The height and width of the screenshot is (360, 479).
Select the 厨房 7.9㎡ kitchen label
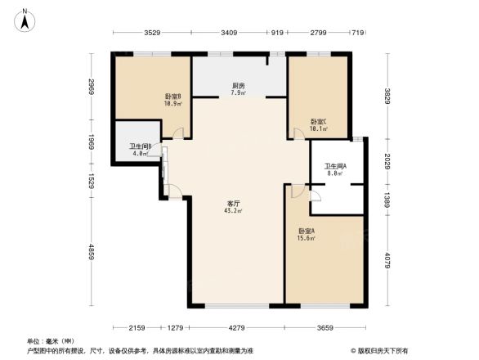click(x=239, y=89)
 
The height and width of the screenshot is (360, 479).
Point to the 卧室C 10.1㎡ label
click(x=319, y=125)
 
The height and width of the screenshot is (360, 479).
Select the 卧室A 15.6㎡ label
click(x=309, y=234)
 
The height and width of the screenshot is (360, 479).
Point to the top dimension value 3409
click(x=230, y=34)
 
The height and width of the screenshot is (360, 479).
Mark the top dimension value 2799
click(x=318, y=34)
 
